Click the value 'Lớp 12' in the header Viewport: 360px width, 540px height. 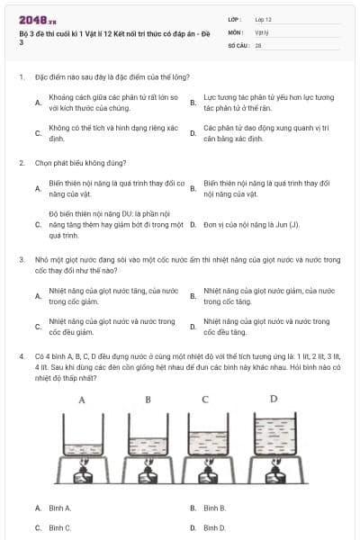(263, 19)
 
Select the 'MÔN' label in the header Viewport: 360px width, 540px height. (236, 31)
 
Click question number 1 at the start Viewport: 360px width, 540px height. (21, 77)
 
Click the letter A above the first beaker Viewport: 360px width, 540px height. (83, 399)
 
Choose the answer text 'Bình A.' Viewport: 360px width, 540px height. (59, 508)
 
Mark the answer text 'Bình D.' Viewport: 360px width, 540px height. (214, 527)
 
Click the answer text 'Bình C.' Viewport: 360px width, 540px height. (59, 527)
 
